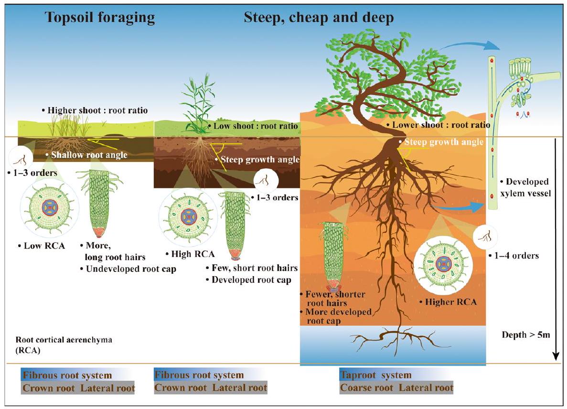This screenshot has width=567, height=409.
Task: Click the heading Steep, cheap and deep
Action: click(x=319, y=18)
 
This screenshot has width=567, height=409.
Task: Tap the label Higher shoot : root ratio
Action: click(x=97, y=110)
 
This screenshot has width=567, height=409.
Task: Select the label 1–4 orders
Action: click(x=514, y=256)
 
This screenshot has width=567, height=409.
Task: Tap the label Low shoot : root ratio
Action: click(x=254, y=126)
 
